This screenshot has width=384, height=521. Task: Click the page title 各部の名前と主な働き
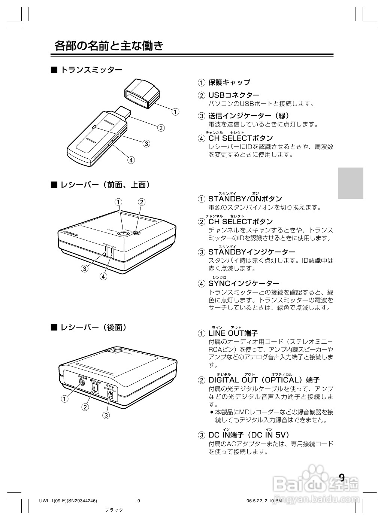click(109, 46)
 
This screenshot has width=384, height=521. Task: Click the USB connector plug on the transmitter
click(123, 112)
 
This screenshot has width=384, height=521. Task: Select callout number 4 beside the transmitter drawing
click(131, 160)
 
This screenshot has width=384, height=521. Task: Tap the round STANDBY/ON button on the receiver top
click(123, 233)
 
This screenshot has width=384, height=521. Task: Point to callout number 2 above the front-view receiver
click(141, 202)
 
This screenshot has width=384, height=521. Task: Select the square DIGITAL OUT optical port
click(94, 387)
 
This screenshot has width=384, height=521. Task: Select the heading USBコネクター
click(234, 95)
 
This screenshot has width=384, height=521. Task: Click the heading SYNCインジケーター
click(244, 283)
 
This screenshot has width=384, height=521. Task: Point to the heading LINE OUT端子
click(233, 333)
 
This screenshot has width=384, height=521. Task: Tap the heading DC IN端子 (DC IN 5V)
click(249, 435)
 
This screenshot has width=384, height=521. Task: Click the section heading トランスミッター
click(91, 70)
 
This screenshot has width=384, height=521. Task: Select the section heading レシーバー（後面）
click(93, 327)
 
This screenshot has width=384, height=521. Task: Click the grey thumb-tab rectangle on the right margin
click(351, 183)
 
